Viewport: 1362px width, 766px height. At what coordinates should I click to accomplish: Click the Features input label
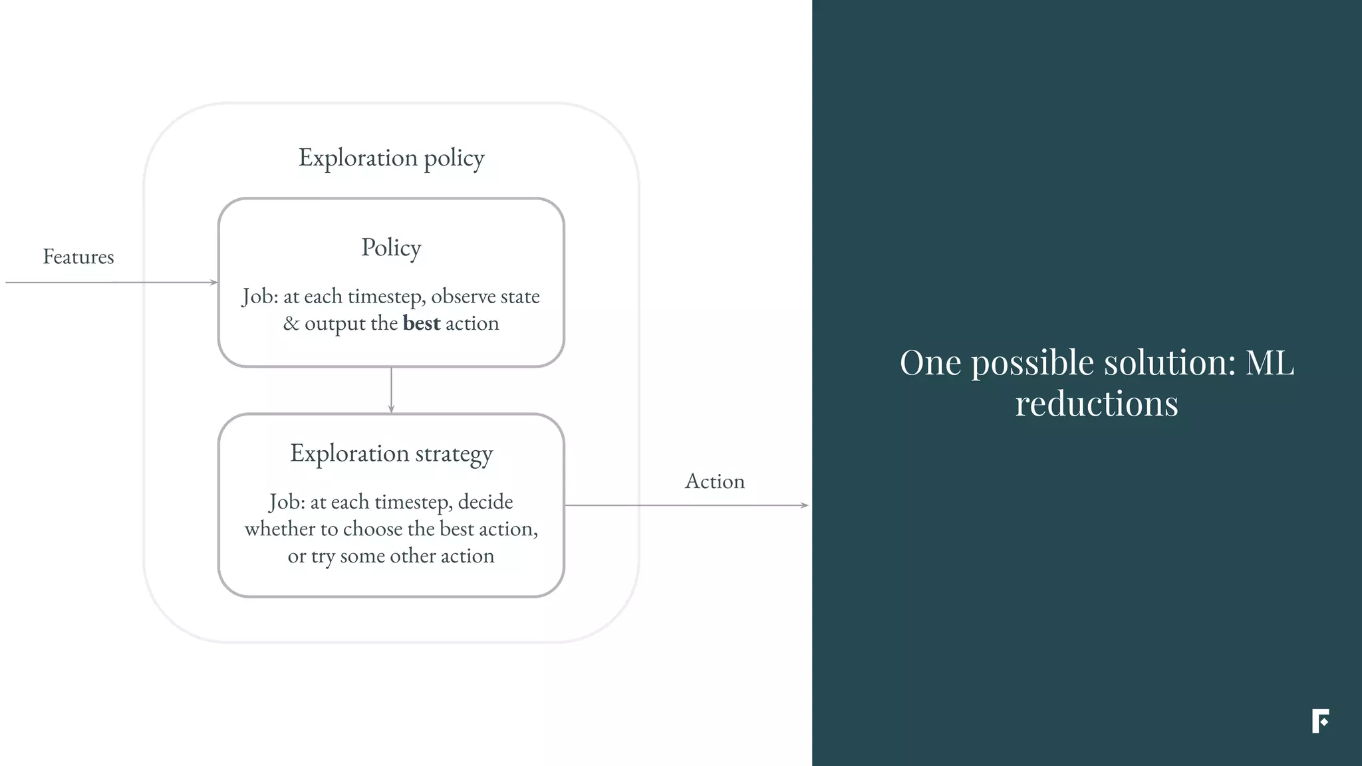[x=78, y=257]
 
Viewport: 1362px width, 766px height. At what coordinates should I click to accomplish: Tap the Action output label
[x=714, y=481]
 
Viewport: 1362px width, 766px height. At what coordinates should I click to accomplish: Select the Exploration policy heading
[x=391, y=158]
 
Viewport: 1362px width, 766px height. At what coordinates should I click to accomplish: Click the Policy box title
[x=391, y=247]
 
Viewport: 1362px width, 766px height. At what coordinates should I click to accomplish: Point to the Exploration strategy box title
[x=391, y=453]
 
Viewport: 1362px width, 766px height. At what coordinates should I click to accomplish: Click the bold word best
[x=422, y=323]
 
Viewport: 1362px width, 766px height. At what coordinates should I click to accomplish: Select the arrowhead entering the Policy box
[x=213, y=283]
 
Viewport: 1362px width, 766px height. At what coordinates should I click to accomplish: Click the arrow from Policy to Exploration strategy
[x=391, y=390]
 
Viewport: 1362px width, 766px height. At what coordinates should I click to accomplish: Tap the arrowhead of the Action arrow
[x=805, y=505]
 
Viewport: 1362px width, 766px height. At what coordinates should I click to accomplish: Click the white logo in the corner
[x=1320, y=721]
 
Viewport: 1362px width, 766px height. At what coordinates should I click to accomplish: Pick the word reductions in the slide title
[x=1096, y=404]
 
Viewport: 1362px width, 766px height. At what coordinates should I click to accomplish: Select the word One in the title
[x=930, y=363]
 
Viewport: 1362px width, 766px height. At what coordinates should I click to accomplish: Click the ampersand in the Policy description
[x=291, y=324]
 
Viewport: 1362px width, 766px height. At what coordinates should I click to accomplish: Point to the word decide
[x=485, y=501]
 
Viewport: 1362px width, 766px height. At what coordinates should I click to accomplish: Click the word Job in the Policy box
[x=258, y=297]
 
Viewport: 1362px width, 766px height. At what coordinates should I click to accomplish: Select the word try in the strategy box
[x=323, y=556]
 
